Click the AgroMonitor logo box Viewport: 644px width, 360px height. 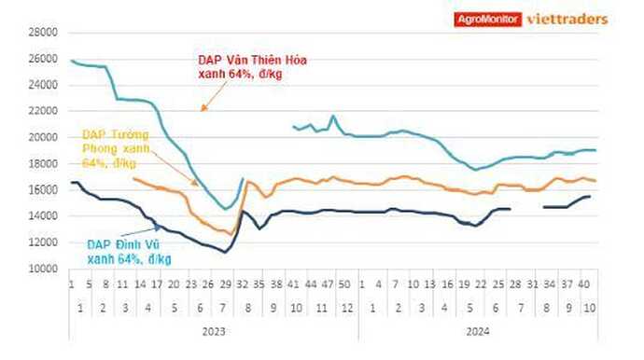pyautogui.click(x=488, y=18)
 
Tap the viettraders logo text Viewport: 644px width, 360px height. pyautogui.click(x=567, y=18)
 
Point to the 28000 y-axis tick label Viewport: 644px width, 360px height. pyautogui.click(x=42, y=32)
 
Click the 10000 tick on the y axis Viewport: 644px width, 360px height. pyautogui.click(x=42, y=269)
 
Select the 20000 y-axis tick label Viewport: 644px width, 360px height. pyautogui.click(x=42, y=137)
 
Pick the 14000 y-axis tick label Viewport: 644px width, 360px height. pyautogui.click(x=42, y=216)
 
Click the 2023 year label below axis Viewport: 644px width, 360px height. pyautogui.click(x=213, y=330)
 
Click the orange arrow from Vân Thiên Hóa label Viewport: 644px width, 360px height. pyautogui.click(x=214, y=96)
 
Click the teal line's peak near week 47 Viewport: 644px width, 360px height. pyautogui.click(x=333, y=117)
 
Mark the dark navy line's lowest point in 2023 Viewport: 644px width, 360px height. pyautogui.click(x=224, y=252)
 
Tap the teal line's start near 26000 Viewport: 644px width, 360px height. pyautogui.click(x=72, y=61)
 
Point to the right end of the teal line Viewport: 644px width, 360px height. pyautogui.click(x=595, y=150)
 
